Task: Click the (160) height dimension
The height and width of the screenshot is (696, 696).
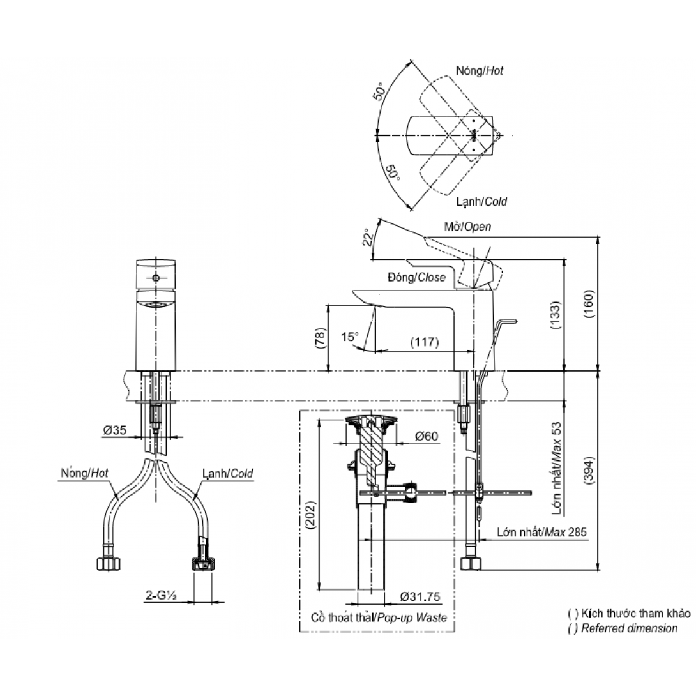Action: pos(588,305)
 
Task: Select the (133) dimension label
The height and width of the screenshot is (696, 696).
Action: pos(555,315)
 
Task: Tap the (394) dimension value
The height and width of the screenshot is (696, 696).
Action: pos(589,470)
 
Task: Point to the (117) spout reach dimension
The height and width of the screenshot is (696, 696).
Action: pos(425,342)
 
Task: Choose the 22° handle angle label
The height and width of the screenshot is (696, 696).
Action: pos(368,238)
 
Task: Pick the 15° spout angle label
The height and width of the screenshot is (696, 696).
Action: pos(350,337)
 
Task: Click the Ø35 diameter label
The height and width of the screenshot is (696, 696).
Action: pos(115,430)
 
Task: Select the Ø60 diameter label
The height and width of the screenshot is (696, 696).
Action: pos(427,436)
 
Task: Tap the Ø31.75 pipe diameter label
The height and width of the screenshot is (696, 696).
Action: pos(420,596)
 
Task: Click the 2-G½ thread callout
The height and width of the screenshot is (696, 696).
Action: pos(162,596)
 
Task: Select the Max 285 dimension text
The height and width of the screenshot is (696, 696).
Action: pos(566,531)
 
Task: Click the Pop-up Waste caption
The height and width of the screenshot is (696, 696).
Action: pos(411,617)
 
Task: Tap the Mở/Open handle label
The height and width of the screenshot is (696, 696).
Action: pos(468,227)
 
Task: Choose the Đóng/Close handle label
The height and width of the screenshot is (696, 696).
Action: pos(416,277)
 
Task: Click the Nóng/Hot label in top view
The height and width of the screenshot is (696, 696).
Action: pos(480,71)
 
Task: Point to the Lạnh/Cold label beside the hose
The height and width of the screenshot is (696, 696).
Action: pos(228,474)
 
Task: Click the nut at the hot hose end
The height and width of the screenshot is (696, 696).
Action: pos(109,563)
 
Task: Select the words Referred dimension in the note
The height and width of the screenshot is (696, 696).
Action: pos(630,628)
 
